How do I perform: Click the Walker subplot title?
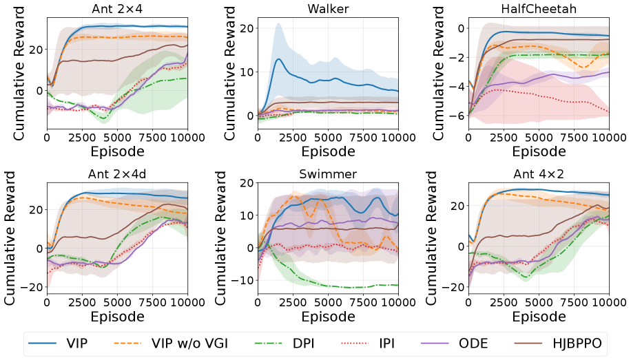coord(328,8)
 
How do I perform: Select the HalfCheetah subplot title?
coord(539,8)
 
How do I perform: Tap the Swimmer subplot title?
coord(328,173)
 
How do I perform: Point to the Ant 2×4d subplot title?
coord(117,173)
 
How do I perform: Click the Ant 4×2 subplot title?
coord(539,173)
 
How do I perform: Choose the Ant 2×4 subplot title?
coord(117,8)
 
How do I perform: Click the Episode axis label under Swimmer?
coord(328,316)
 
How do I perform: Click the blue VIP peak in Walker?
coord(278,59)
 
